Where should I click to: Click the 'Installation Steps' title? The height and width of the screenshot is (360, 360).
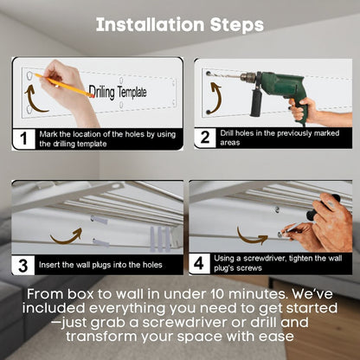[180, 25]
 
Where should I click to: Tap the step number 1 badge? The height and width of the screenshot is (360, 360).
[25, 138]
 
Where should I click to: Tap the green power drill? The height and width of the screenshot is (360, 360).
[268, 87]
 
